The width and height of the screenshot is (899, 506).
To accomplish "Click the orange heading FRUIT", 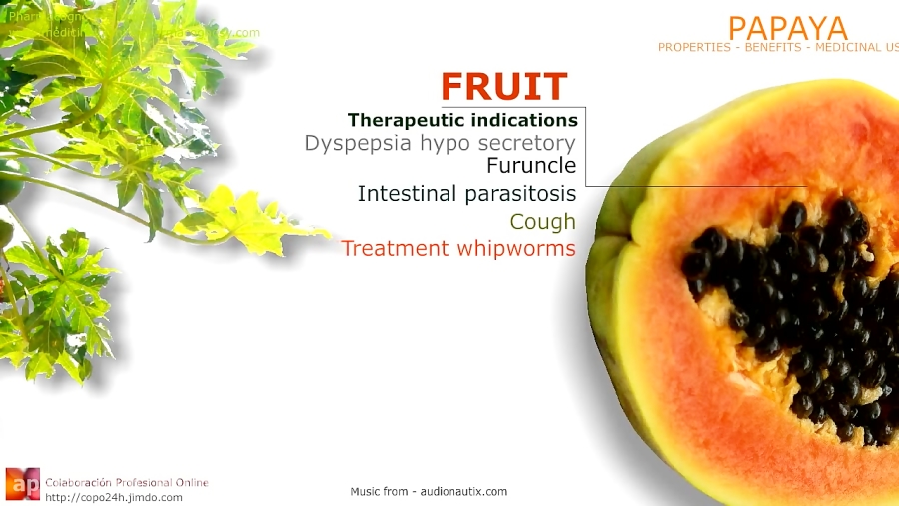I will (x=503, y=87).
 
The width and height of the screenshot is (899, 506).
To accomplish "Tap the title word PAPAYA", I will (x=787, y=28).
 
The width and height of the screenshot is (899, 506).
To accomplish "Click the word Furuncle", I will (x=531, y=166).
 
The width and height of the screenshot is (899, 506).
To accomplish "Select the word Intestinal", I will (x=407, y=194).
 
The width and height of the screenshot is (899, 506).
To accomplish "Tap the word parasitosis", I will (x=519, y=194).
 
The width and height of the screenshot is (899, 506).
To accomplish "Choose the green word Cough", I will (x=542, y=222).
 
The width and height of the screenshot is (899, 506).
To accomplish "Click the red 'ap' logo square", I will (x=22, y=484).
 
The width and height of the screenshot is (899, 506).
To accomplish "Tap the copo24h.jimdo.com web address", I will (x=112, y=497).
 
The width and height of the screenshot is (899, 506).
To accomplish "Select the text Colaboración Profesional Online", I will (x=127, y=482).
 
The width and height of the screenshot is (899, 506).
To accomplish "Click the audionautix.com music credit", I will (x=429, y=491).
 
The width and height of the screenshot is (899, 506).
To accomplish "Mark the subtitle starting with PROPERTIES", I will (x=777, y=47).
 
